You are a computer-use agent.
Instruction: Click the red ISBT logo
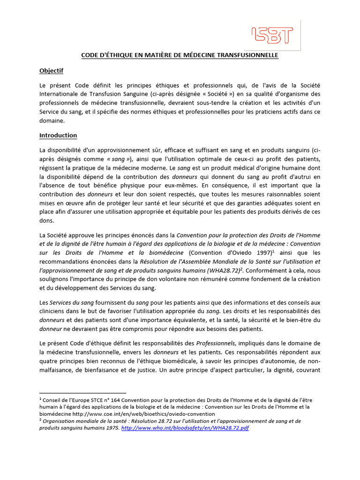272,36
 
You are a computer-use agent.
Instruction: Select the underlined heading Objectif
51,71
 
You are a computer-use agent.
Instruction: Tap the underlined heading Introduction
58,135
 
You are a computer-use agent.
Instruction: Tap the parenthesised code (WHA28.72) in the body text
240,270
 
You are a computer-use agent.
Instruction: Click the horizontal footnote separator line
83,393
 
